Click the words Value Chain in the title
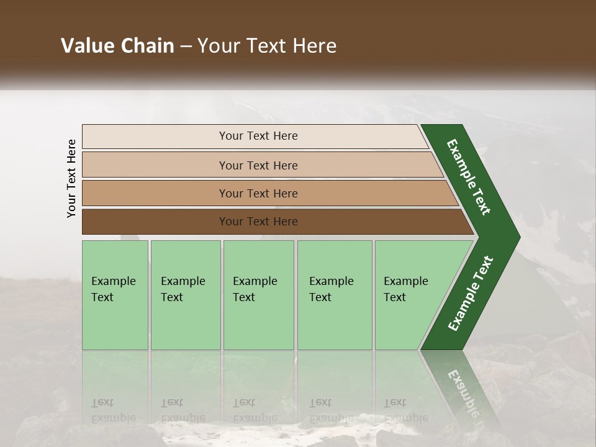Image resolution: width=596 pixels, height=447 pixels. pyautogui.click(x=117, y=46)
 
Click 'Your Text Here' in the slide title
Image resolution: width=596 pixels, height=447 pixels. pyautogui.click(x=267, y=46)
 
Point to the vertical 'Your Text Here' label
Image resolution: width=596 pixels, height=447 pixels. pyautogui.click(x=71, y=178)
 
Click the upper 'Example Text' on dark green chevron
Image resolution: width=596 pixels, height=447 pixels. pyautogui.click(x=469, y=177)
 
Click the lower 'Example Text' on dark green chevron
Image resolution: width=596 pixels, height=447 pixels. pyautogui.click(x=471, y=294)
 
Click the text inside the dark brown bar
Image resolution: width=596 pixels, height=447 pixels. pyautogui.click(x=258, y=222)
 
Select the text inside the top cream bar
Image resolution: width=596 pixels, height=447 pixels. pyautogui.click(x=258, y=136)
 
